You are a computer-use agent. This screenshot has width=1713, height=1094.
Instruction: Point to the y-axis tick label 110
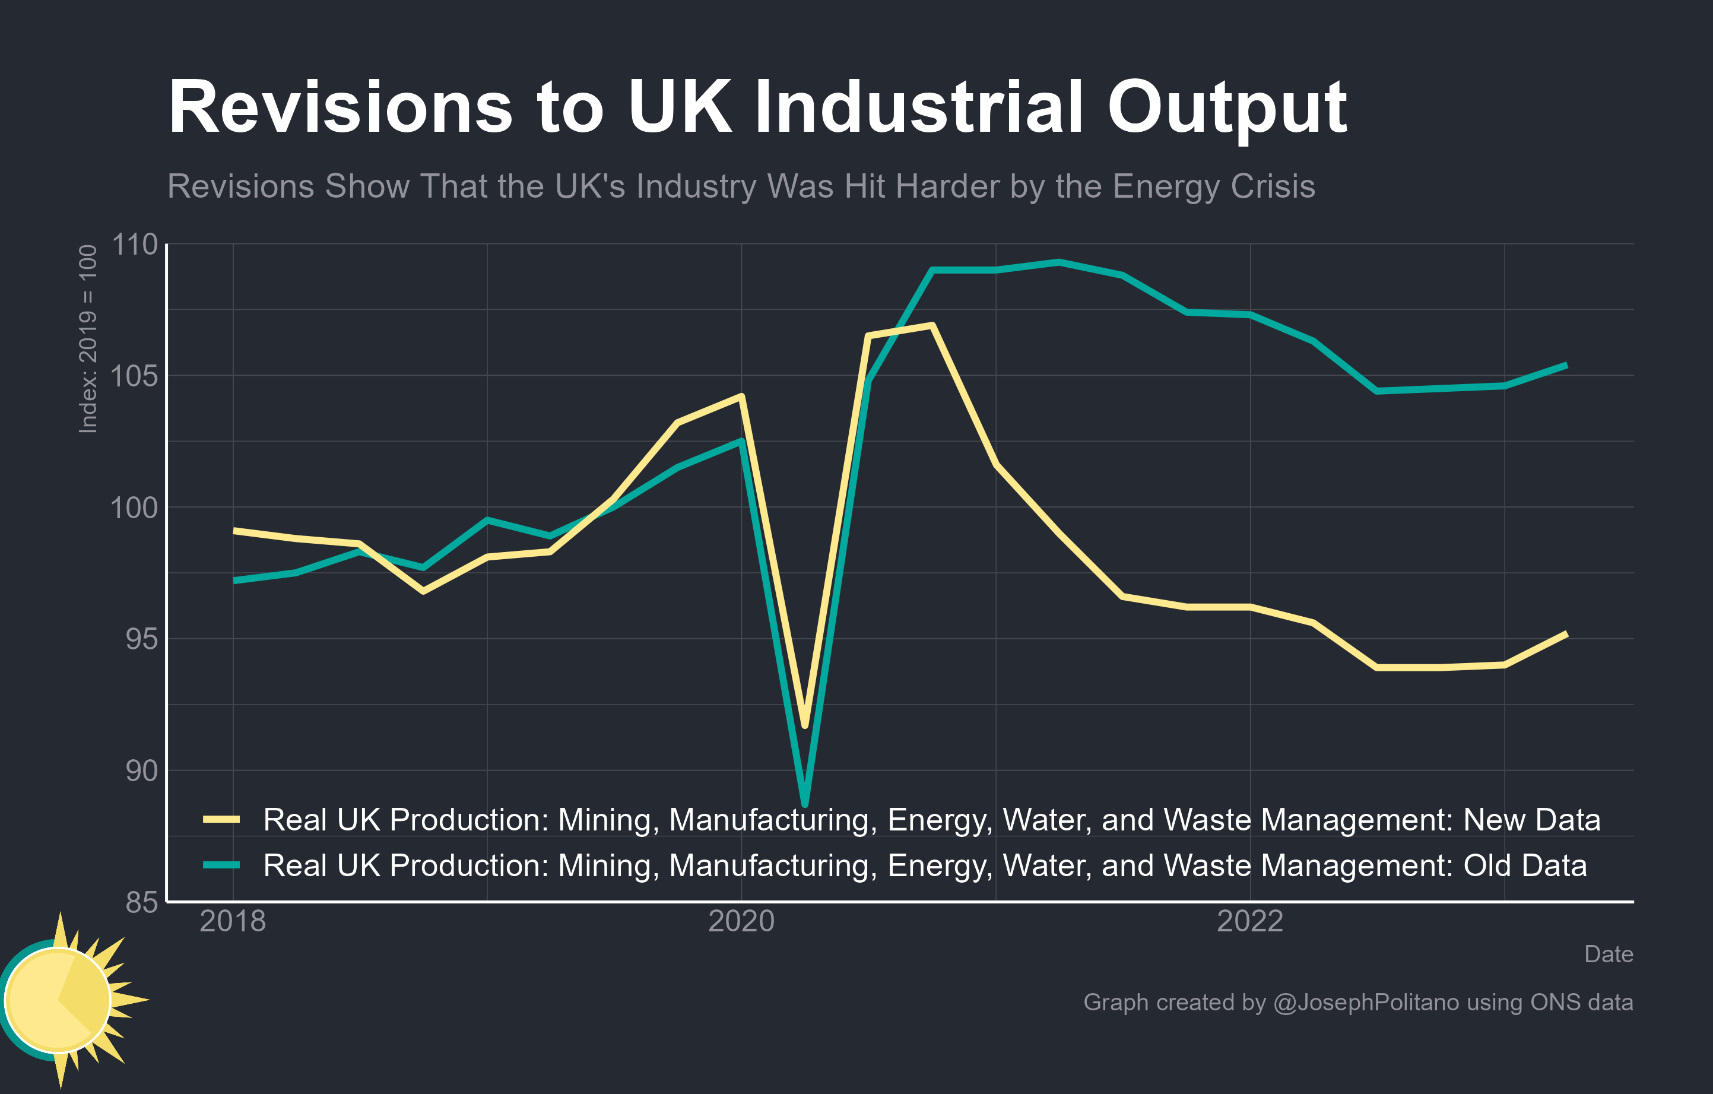[135, 245]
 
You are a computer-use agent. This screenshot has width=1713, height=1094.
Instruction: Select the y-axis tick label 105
[135, 376]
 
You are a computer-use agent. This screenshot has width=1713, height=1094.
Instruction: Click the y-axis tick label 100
[135, 508]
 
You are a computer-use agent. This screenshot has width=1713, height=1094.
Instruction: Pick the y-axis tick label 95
[142, 639]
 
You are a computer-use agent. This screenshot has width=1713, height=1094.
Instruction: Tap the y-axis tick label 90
[142, 770]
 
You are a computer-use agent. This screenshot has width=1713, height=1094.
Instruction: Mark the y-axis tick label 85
[142, 902]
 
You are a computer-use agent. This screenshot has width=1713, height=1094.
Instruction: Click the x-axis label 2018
[233, 921]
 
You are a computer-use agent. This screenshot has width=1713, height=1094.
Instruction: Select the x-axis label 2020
[741, 921]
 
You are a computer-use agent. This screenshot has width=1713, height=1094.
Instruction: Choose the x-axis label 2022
[1250, 921]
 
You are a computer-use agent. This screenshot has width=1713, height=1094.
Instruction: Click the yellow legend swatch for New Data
[221, 819]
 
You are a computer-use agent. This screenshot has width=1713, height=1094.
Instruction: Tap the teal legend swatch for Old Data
[221, 865]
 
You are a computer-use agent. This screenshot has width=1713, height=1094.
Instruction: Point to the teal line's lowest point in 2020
[805, 804]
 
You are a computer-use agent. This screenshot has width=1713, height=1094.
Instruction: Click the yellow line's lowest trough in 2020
[805, 725]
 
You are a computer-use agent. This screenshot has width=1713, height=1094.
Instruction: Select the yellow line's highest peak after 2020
[931, 326]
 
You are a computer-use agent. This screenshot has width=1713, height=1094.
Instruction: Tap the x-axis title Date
[1609, 954]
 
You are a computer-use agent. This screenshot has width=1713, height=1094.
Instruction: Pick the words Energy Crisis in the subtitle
[1214, 186]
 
